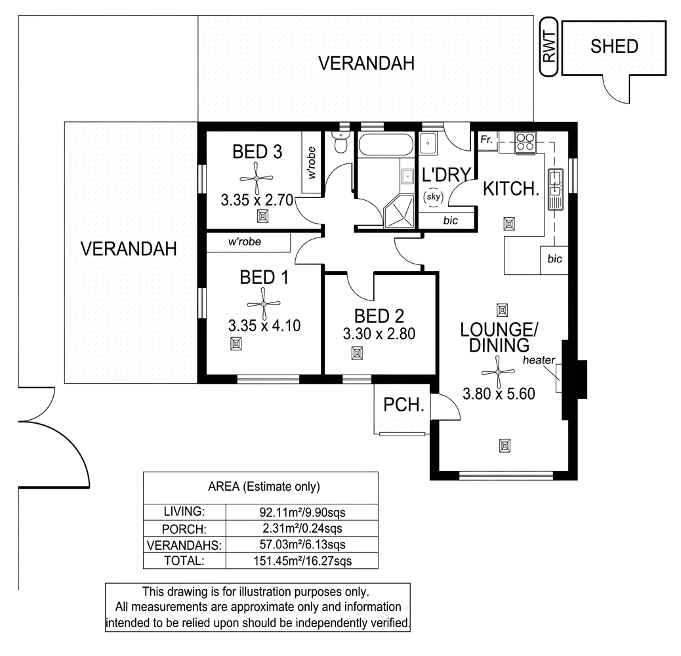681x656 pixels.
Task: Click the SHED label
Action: point(613,47)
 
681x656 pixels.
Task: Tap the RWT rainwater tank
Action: point(549,47)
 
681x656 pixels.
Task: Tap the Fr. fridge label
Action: point(486,139)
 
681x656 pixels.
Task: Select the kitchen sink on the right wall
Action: point(556,190)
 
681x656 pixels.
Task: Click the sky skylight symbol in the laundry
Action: point(434,197)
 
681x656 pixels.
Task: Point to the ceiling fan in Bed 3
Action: point(257,178)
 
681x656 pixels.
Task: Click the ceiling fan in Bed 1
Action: point(263,304)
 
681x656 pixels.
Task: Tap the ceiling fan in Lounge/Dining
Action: point(498,372)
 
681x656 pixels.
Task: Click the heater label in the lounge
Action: point(539,360)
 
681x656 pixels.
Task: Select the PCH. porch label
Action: point(403,405)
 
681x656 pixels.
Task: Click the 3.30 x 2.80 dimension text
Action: point(379,334)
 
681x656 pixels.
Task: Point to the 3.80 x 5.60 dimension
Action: point(499,394)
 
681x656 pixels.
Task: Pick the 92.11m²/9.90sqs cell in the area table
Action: point(302,512)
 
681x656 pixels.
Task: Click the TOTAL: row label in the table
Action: point(184,560)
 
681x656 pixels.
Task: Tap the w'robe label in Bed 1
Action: point(245,241)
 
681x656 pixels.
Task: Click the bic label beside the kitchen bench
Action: point(554,258)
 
